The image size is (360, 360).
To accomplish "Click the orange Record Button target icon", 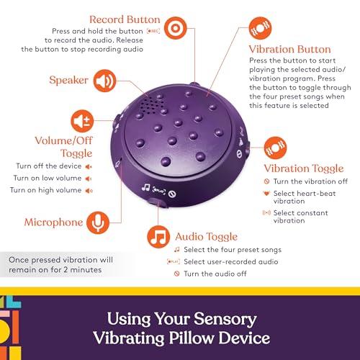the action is click(x=176, y=28).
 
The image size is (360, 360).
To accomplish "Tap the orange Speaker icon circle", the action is click(x=104, y=81).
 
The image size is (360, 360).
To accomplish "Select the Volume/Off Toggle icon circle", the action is click(x=82, y=121).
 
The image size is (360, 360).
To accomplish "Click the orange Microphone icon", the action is click(x=98, y=222).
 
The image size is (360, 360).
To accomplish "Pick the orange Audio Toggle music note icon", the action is click(x=158, y=237).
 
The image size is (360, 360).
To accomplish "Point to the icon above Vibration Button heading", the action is click(x=260, y=28).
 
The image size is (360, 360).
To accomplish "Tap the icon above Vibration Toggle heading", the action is click(x=275, y=148).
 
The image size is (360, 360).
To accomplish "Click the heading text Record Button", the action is click(x=125, y=19).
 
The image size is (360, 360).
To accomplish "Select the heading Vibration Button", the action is click(x=289, y=49).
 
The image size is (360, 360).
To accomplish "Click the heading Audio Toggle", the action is click(x=206, y=237).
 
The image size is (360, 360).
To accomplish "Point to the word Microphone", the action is click(x=53, y=222).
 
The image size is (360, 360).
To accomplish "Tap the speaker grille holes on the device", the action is click(x=152, y=105).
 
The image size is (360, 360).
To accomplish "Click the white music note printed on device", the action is click(x=145, y=187).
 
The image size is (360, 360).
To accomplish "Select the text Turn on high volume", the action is click(x=45, y=190).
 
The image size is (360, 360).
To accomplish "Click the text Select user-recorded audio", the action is click(x=231, y=261).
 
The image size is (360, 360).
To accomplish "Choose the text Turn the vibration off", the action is click(x=310, y=181).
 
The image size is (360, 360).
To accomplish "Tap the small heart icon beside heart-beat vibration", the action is click(x=266, y=193).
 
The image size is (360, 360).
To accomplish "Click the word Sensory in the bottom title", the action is click(x=225, y=319).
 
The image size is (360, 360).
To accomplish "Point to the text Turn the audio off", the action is click(x=215, y=274).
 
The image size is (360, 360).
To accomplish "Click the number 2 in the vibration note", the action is click(x=66, y=270).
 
